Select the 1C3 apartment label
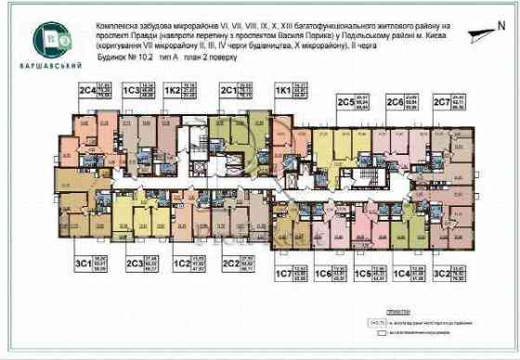click(x=131, y=91)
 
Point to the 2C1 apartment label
click(x=228, y=91)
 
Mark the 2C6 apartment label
click(x=394, y=101)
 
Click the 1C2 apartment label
click(x=183, y=262)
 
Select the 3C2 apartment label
click(x=440, y=275)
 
